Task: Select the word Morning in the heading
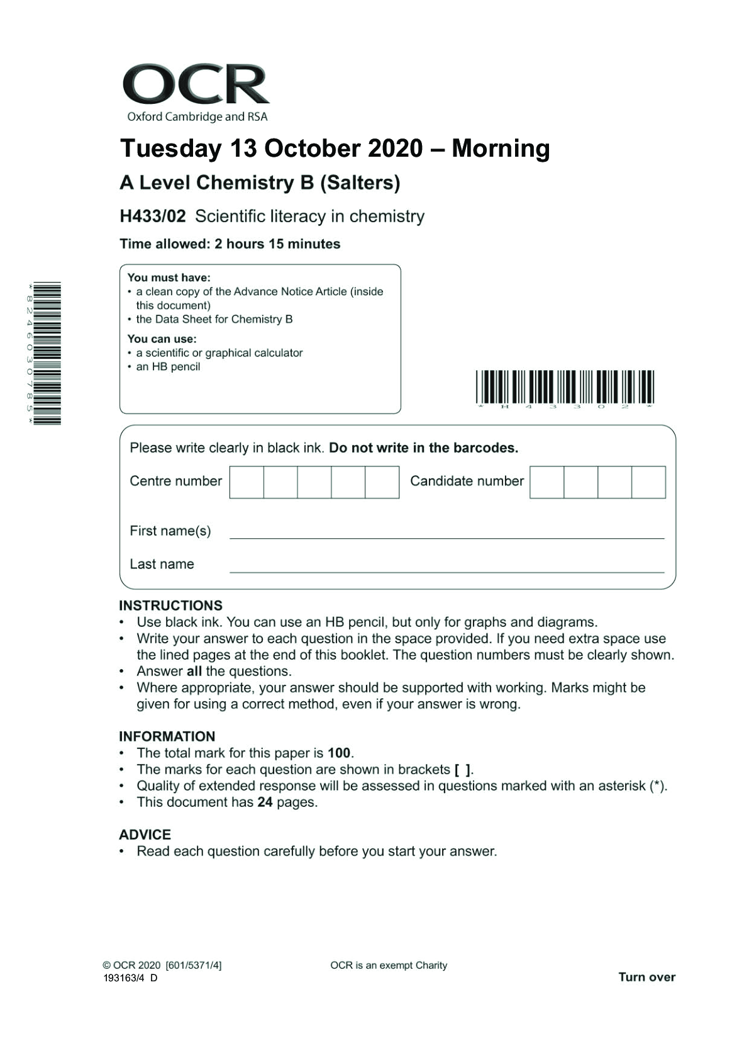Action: point(501,149)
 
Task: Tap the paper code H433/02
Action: point(153,217)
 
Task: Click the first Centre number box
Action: point(247,482)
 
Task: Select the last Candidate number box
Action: point(648,482)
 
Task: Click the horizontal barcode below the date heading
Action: point(564,387)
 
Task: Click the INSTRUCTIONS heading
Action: point(170,606)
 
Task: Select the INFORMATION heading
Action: point(167,736)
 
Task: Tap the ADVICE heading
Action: point(145,835)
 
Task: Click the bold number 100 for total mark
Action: point(339,753)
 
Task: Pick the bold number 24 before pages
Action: point(265,802)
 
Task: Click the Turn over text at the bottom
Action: point(646,977)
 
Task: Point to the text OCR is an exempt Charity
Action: point(389,965)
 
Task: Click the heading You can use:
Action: point(162,339)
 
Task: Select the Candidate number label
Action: point(467,481)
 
